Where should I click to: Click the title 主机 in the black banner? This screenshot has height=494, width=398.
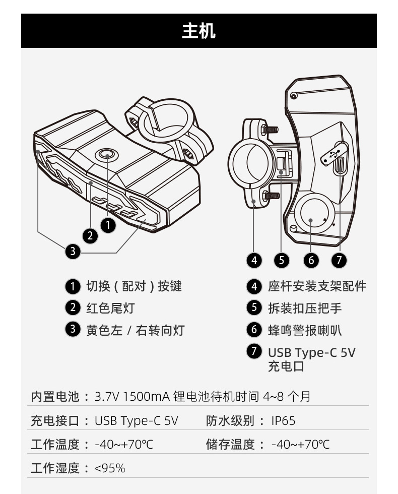198,31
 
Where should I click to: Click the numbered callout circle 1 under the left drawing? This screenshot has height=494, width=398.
108,225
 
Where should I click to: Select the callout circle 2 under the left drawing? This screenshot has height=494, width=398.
90,235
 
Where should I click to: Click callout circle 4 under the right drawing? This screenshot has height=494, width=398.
254,260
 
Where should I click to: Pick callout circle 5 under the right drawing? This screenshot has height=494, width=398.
282,260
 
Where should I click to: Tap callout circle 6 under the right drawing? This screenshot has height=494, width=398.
311,260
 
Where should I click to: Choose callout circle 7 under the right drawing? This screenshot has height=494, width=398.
339,260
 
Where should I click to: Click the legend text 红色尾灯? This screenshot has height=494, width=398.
110,308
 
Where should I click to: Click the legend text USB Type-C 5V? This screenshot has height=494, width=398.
311,352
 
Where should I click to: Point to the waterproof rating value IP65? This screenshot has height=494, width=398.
283,421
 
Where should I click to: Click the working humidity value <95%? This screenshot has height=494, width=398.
110,468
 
